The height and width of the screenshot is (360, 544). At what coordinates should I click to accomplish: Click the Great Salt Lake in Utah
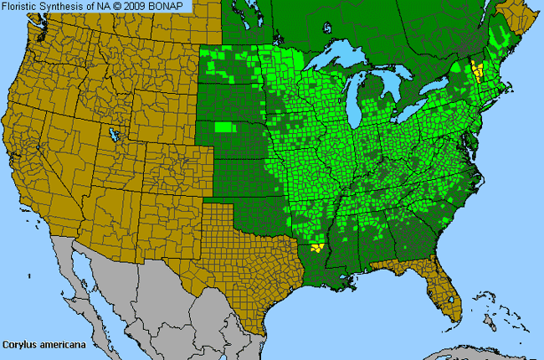[111, 134]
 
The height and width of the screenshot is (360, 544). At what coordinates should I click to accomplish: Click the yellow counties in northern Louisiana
[316, 247]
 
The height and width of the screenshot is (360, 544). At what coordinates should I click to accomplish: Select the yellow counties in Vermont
[478, 69]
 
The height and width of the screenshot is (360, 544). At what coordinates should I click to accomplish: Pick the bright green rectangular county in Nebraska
[223, 127]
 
